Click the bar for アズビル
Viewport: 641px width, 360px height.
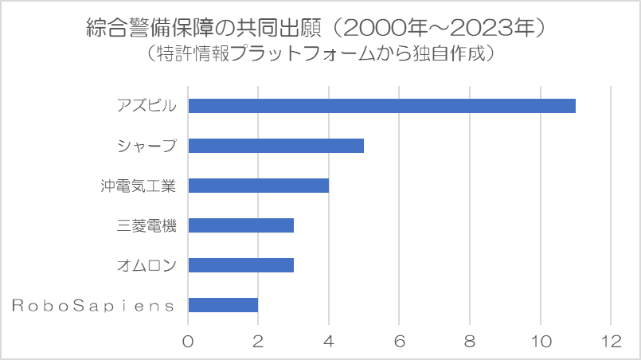click(381, 106)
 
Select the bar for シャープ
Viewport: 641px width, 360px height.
click(276, 146)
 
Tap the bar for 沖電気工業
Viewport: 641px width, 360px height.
click(258, 186)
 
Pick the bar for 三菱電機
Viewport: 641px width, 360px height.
click(240, 225)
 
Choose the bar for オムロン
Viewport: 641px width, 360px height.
click(240, 265)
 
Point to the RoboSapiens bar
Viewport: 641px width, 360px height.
click(223, 305)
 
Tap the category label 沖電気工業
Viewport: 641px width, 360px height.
click(138, 186)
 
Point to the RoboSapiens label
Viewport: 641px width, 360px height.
click(94, 305)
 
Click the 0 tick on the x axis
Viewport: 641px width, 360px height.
click(188, 341)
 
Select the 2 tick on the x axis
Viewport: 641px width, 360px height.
click(258, 341)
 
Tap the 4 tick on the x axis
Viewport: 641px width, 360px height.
click(329, 341)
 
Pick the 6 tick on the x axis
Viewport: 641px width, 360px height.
click(399, 341)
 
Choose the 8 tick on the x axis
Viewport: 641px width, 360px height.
click(470, 341)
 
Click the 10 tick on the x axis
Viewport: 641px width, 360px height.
click(540, 341)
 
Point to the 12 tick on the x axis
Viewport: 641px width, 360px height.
click(611, 341)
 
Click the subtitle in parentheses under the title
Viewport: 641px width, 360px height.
click(320, 55)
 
